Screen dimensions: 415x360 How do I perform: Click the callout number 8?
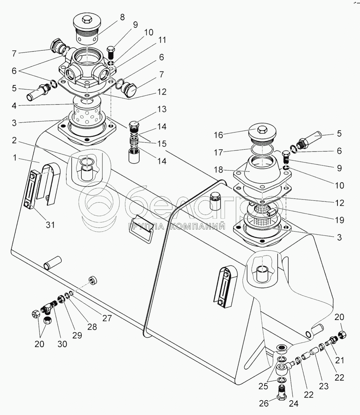point(122,17)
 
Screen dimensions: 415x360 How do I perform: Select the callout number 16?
point(219,135)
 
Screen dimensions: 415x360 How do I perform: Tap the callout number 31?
point(50,224)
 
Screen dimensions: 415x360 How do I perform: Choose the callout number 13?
point(162,109)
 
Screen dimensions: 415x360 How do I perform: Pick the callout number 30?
point(62,344)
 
